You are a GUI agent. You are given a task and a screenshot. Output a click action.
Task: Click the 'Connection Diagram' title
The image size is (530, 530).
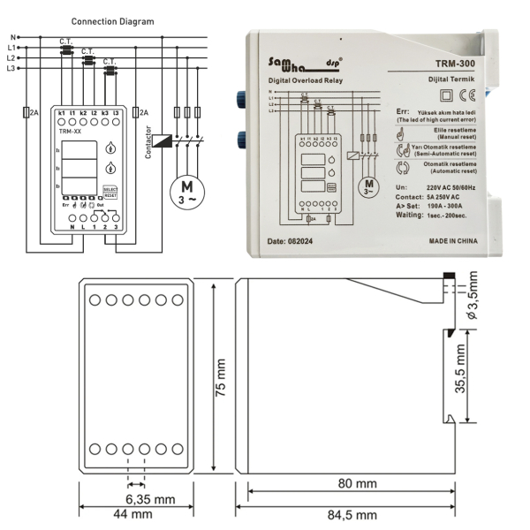(111, 20)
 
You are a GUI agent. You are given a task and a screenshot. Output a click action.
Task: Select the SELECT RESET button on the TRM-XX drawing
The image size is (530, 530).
(110, 192)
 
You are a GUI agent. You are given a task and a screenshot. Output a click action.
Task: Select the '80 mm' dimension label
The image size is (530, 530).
(349, 484)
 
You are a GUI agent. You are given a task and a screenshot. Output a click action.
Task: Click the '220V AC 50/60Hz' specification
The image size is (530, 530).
(455, 188)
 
